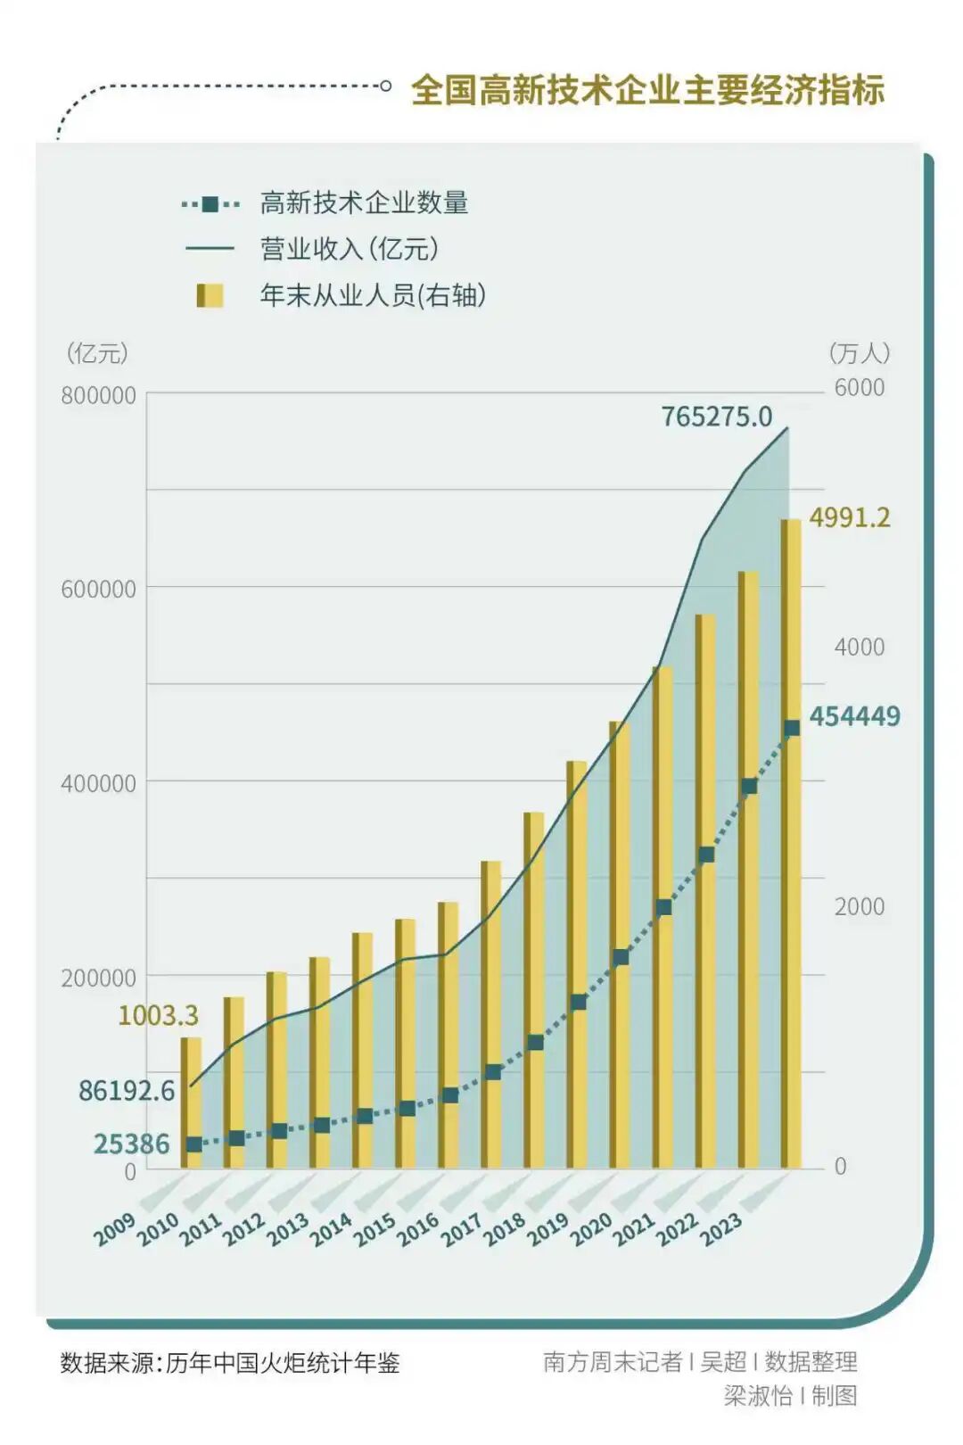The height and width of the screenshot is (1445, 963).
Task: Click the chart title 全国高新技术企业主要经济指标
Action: coord(647,90)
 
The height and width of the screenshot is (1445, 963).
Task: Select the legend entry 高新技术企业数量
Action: coord(364,203)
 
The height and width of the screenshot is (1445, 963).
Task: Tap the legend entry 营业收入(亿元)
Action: coord(350,249)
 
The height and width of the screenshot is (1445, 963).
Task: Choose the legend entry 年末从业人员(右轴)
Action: coord(373,295)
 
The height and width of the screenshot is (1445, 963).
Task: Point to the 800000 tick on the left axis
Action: coord(98,395)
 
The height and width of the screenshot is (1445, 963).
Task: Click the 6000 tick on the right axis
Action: coord(859,388)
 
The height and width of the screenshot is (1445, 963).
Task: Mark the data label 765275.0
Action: coord(716,417)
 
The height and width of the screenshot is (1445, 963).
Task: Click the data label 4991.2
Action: coord(849,518)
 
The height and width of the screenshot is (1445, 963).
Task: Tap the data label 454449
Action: coord(854,716)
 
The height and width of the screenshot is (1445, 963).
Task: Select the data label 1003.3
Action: coord(158,1015)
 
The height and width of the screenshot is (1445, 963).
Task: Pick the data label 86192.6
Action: coord(127,1091)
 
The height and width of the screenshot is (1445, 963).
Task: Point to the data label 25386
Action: coord(131,1144)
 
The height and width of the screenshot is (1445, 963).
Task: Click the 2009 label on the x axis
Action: coord(115,1230)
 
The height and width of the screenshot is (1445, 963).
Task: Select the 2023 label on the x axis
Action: coord(720,1230)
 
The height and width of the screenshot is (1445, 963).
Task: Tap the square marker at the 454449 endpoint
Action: coord(792,729)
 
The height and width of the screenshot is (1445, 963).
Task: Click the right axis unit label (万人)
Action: coord(859,353)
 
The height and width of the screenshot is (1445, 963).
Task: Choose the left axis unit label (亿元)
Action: coord(97,353)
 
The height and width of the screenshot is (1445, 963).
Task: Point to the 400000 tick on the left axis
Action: coord(98,783)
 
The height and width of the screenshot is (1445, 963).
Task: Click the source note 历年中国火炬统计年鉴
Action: coord(282,1363)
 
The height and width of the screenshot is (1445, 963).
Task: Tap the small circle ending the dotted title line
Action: coord(385,87)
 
